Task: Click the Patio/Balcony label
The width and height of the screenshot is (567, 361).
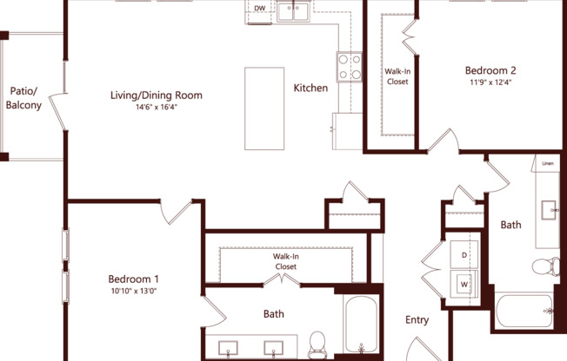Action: pos(24,98)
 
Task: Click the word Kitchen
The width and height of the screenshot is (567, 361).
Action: pos(310,88)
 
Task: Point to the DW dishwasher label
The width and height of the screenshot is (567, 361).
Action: pos(259,10)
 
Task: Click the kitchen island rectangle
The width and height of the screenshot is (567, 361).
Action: pos(264,108)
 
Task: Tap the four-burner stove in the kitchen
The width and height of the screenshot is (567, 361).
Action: pos(350,68)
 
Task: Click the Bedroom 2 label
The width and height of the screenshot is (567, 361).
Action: pos(490,70)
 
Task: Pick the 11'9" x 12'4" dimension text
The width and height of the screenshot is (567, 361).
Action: pos(490,82)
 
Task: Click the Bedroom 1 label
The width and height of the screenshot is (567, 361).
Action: pos(133,279)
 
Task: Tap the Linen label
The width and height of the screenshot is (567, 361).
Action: pos(548,163)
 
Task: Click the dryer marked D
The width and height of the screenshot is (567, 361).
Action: pos(464,255)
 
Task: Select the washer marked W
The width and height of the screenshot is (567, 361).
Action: pos(464,283)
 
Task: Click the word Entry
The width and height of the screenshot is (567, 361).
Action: pos(417,320)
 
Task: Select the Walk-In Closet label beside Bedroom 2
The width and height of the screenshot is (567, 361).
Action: pos(397,76)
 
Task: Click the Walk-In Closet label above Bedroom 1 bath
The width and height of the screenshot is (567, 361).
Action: pos(286,262)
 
